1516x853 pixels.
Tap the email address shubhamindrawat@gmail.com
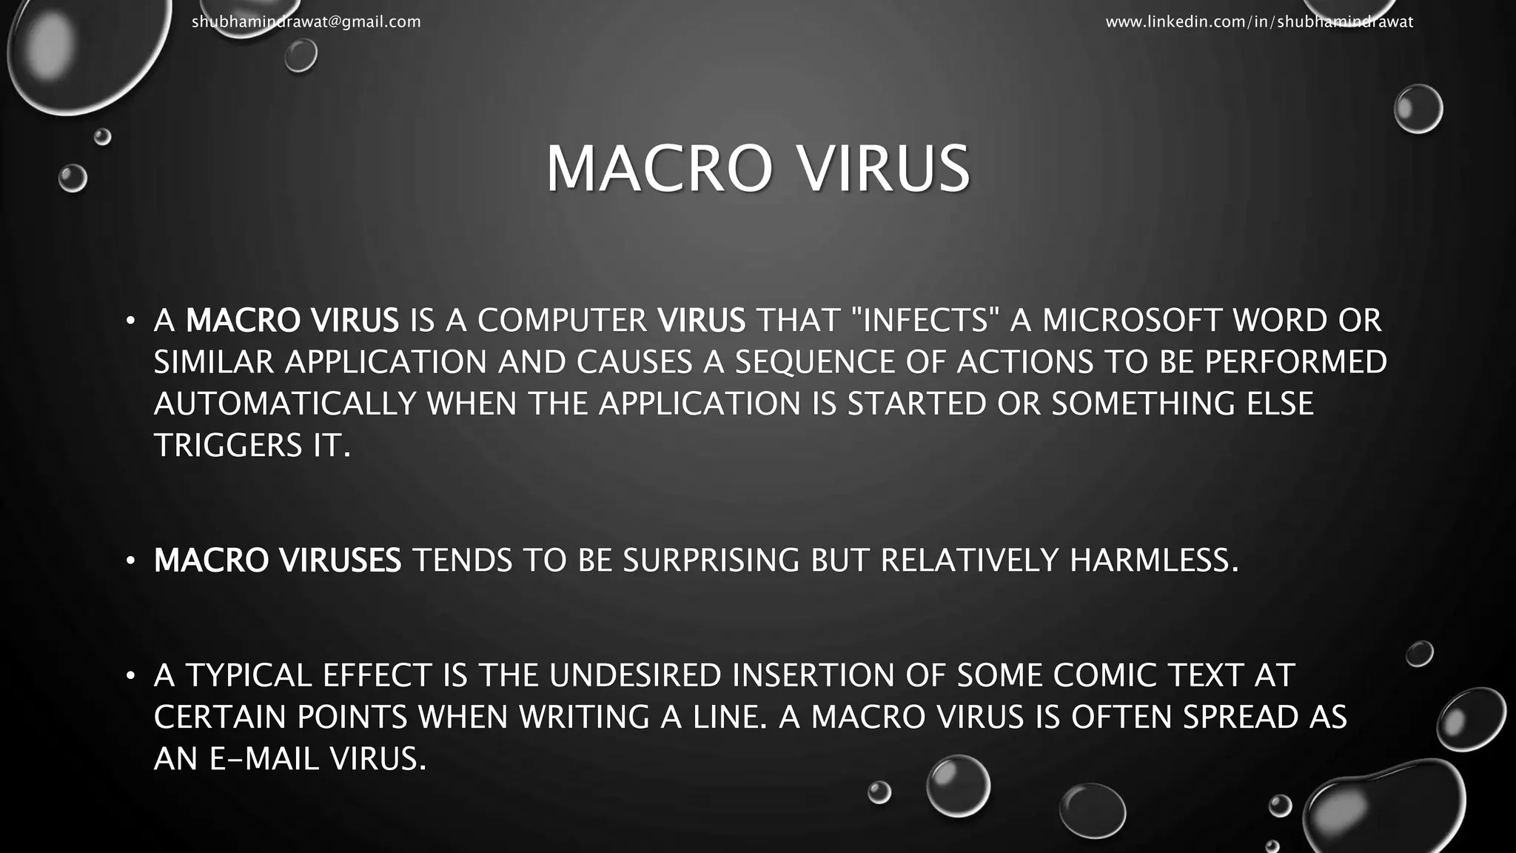click(x=306, y=22)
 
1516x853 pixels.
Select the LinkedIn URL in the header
click(x=1259, y=22)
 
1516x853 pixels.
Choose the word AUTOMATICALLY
click(x=285, y=404)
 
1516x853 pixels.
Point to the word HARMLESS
click(x=1153, y=561)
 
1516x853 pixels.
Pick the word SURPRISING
click(x=711, y=561)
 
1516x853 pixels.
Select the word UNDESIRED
click(x=634, y=675)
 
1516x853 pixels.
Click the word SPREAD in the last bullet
click(x=1241, y=717)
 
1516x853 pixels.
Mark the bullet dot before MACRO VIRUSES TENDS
click(x=130, y=561)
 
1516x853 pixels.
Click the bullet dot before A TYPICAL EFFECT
click(x=130, y=676)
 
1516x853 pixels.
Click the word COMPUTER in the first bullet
click(x=562, y=321)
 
